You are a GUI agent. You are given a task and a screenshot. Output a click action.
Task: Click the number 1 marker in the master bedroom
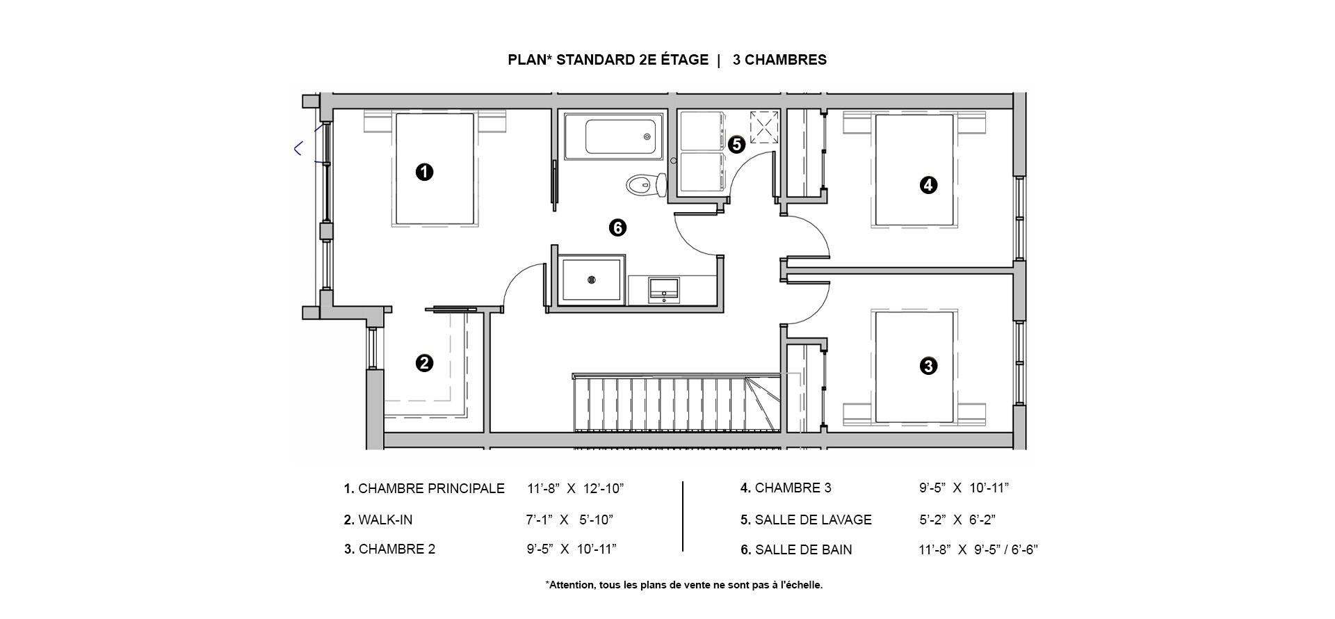point(424,172)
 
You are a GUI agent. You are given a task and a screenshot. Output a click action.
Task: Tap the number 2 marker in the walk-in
point(424,363)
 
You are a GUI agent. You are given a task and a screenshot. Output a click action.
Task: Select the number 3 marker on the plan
point(928,366)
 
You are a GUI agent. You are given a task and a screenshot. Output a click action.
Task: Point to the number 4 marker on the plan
point(928,185)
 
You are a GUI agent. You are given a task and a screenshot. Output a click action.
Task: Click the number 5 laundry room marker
point(737,145)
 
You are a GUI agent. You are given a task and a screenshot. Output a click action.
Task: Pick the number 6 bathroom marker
point(617,227)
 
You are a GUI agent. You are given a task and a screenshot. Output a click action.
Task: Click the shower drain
point(592,280)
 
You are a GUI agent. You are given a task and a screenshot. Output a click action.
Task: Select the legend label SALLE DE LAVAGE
point(814,520)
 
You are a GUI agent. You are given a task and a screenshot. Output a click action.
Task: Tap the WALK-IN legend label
point(385,520)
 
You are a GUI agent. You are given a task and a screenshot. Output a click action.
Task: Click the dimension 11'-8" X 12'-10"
point(576,488)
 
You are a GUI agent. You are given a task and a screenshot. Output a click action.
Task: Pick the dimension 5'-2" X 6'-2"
point(957,520)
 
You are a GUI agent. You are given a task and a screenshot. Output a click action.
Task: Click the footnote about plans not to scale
point(684,585)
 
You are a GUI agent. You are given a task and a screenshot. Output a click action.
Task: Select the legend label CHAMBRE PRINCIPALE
point(431,488)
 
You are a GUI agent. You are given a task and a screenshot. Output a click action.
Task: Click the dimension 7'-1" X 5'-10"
point(569,520)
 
